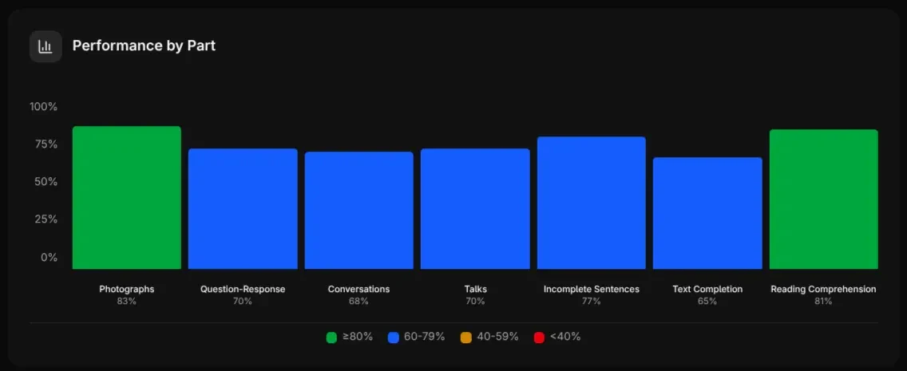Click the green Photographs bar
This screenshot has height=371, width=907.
(x=126, y=198)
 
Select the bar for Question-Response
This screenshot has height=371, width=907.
(x=243, y=209)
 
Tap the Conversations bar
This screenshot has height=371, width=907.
(x=358, y=211)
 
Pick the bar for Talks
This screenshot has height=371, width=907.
(x=475, y=209)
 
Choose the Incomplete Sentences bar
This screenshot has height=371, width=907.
(x=591, y=203)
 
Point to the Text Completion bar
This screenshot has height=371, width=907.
(x=707, y=213)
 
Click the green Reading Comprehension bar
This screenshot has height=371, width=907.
(x=823, y=199)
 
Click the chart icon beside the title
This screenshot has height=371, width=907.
(x=46, y=46)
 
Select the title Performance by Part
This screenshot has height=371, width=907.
(x=144, y=45)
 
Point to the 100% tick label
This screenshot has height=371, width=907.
(x=43, y=107)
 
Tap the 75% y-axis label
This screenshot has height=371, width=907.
(x=45, y=144)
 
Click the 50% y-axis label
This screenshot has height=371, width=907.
(x=45, y=182)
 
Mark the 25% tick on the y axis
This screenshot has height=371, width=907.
(x=45, y=219)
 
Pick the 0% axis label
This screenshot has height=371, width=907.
(x=49, y=257)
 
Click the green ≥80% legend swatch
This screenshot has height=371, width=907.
(x=331, y=337)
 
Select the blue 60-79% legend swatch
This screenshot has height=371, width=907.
(x=393, y=337)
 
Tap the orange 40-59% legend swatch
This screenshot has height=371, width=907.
(x=465, y=337)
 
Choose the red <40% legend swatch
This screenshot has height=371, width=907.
(x=539, y=337)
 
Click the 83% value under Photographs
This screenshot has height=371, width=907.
(x=126, y=302)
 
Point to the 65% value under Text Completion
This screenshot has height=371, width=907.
(x=707, y=302)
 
